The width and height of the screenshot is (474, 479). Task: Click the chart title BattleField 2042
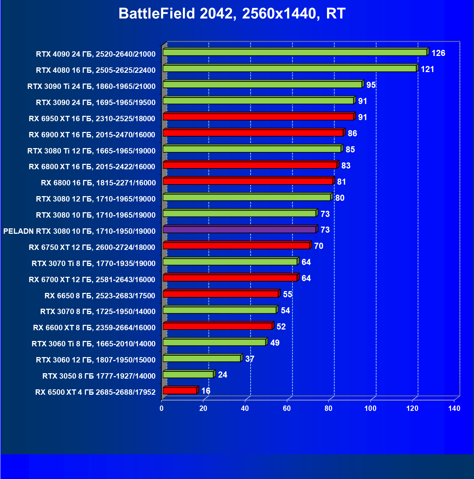(232, 14)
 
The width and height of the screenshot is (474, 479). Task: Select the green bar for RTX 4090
(295, 52)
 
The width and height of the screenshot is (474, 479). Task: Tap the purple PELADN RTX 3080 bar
(239, 229)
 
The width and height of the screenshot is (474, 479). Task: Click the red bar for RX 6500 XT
(180, 391)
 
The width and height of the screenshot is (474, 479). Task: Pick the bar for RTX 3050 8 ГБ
(188, 375)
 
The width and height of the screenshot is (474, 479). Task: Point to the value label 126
(438, 53)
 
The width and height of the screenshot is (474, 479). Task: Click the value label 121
(427, 69)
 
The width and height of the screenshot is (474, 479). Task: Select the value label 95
(371, 85)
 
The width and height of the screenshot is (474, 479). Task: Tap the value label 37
(250, 359)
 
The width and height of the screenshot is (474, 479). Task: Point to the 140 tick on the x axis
(454, 408)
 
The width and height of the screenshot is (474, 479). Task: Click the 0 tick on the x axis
(162, 408)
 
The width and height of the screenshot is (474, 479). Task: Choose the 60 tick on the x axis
(287, 408)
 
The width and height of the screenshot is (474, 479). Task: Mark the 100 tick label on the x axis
(370, 408)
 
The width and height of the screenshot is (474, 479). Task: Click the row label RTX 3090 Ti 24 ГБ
(91, 86)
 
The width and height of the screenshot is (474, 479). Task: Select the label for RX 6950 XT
(92, 119)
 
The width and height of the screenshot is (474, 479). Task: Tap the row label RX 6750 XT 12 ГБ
(92, 247)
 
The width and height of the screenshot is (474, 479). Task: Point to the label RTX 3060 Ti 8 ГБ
(94, 344)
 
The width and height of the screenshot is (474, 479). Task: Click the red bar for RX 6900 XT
(253, 133)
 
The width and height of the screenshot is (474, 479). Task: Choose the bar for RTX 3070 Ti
(230, 262)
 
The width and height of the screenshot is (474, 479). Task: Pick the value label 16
(206, 391)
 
